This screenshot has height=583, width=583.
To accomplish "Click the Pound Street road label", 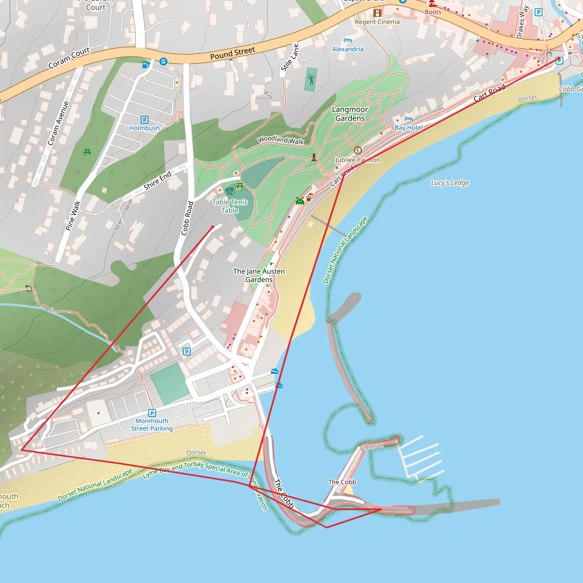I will (232, 53).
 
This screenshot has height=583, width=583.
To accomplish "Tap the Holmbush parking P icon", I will (145, 120).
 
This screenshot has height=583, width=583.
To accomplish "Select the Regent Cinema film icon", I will (377, 13).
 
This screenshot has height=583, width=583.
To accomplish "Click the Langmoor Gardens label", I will (350, 114).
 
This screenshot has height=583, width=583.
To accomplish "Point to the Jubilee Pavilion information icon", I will (358, 150).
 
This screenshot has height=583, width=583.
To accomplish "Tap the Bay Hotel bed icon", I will (408, 119).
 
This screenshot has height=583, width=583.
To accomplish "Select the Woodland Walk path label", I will (280, 140).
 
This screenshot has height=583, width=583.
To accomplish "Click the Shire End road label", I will (157, 180).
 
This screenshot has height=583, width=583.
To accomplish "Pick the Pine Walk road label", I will (73, 215).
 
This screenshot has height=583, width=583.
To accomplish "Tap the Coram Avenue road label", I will (58, 123).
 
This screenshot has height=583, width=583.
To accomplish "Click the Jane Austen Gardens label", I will (259, 275).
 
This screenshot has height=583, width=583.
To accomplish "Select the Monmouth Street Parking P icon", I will (152, 413).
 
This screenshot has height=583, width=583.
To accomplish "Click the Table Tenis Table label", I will (230, 206).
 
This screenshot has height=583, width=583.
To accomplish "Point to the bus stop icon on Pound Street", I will (163, 61).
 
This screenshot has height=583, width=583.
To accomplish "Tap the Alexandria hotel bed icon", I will (348, 40).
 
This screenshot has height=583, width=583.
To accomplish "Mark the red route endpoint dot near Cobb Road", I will (213, 227).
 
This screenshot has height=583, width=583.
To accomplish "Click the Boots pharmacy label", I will (433, 12).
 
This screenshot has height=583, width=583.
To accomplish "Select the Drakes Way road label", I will (522, 23).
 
